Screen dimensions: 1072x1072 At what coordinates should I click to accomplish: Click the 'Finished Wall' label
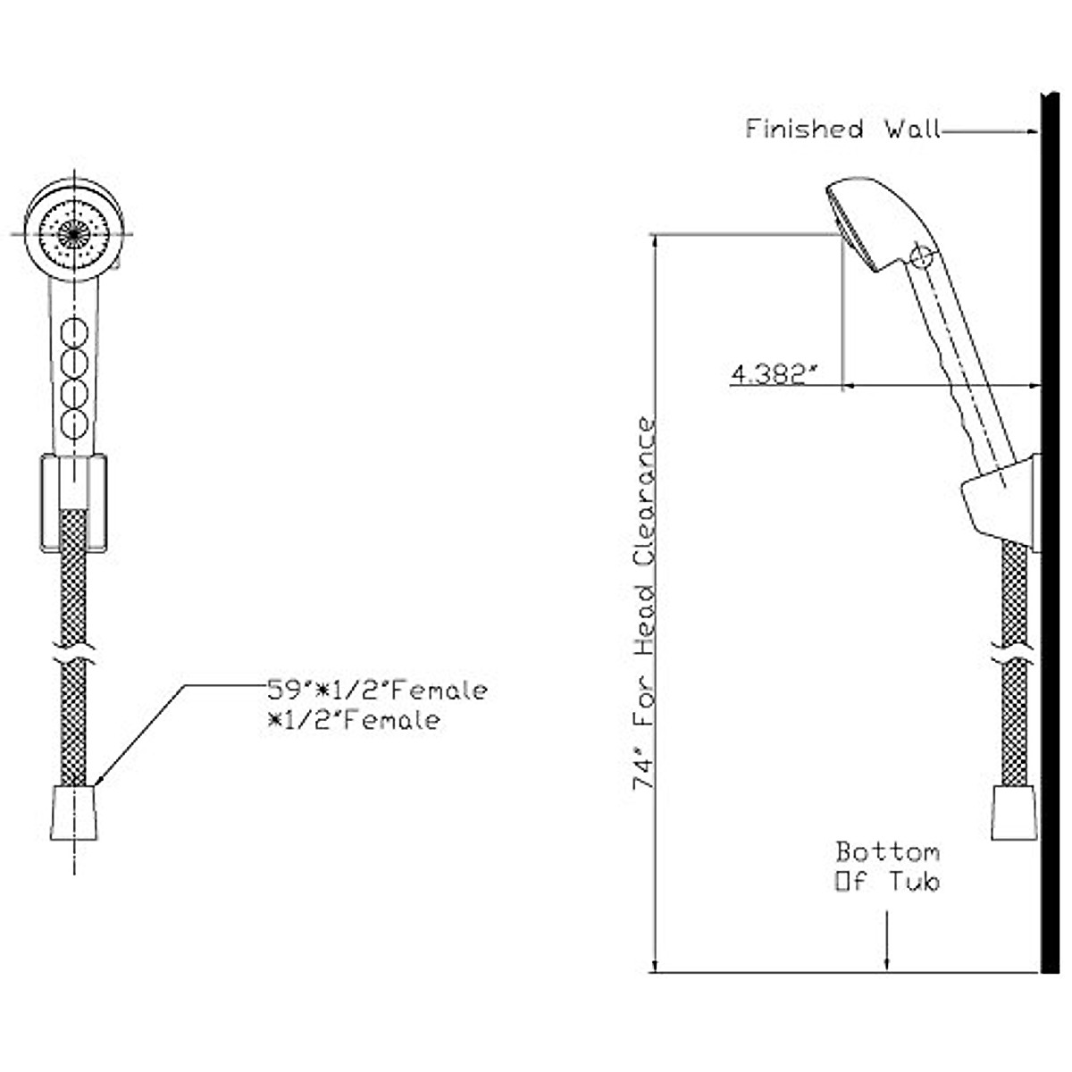tap(842, 130)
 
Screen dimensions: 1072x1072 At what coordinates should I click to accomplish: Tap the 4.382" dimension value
tap(774, 374)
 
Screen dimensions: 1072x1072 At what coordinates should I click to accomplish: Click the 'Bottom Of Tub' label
tap(887, 866)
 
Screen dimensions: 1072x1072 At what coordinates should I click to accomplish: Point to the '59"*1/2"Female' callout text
tap(378, 691)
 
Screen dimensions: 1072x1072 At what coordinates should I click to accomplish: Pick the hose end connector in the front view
tap(73, 813)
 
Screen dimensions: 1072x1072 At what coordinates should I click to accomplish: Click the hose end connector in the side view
tap(1015, 813)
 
